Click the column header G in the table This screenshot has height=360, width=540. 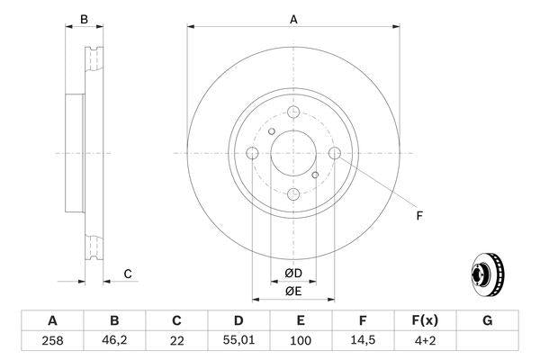click(x=487, y=320)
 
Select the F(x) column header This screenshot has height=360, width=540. click(x=425, y=320)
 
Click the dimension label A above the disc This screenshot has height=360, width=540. click(x=293, y=19)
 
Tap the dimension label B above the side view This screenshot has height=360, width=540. click(x=84, y=19)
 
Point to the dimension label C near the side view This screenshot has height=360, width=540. click(x=128, y=274)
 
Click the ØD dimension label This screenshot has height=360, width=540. click(x=293, y=274)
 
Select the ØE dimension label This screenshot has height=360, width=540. click(x=293, y=291)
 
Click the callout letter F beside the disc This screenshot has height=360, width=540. click(x=418, y=214)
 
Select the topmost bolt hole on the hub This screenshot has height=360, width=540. click(x=293, y=112)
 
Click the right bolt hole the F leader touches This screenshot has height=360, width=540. click(x=335, y=153)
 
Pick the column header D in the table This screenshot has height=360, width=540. click(x=238, y=320)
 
